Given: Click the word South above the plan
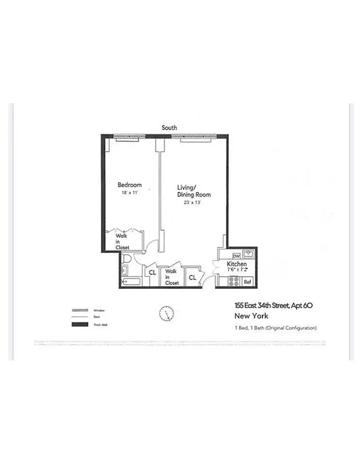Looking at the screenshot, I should [170, 127].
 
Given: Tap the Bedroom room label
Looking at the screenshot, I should [130, 185].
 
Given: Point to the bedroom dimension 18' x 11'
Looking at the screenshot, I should [130, 192].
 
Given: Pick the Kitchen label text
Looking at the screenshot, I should [237, 264].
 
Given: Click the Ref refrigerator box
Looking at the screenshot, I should [247, 282].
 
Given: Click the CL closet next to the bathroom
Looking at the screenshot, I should [152, 272].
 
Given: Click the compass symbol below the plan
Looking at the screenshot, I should [166, 313].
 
